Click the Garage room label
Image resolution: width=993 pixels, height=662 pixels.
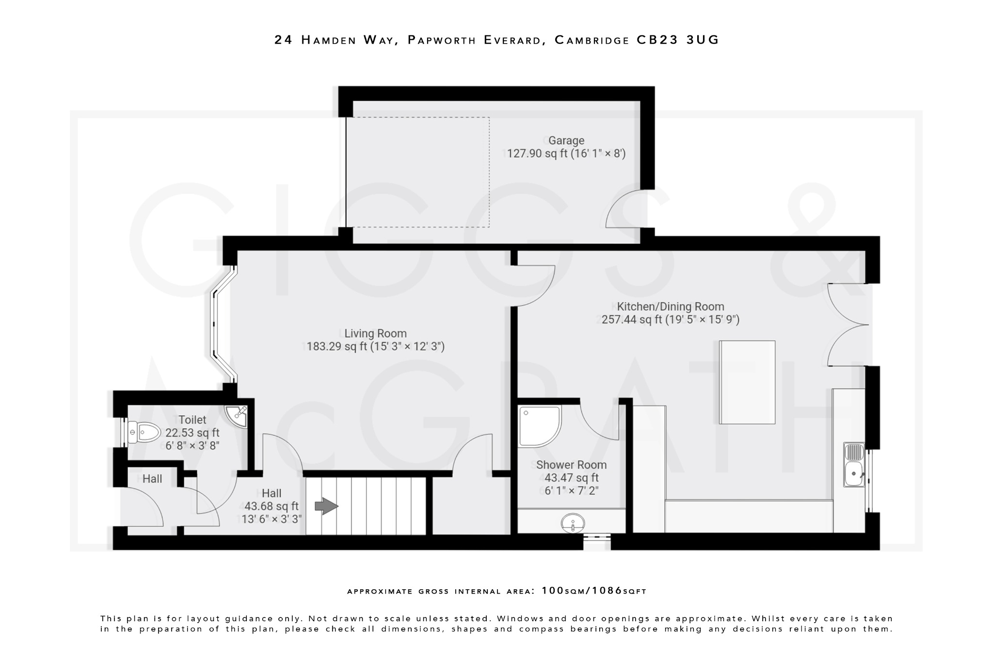click(566, 141)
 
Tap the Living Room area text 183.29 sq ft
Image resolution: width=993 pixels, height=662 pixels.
click(336, 347)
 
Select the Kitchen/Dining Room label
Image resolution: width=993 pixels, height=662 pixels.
click(670, 307)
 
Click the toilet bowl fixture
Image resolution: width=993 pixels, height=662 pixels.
click(144, 432)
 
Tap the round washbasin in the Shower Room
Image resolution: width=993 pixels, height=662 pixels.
click(573, 523)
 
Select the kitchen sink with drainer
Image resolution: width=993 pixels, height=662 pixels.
click(853, 465)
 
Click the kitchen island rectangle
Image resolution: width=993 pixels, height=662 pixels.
click(747, 382)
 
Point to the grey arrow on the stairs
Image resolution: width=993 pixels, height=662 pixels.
click(326, 506)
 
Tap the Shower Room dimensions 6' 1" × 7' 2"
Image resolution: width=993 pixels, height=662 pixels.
click(571, 491)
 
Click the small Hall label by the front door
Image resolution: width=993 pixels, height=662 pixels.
click(152, 479)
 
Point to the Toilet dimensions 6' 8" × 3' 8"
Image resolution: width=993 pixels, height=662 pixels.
click(192, 445)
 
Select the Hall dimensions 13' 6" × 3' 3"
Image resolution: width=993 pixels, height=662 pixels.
click(272, 519)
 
